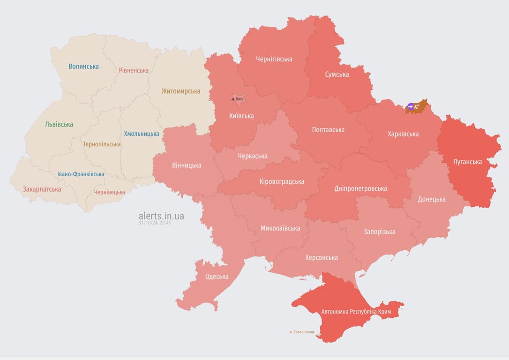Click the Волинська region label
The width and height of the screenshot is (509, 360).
pyautogui.click(x=83, y=67)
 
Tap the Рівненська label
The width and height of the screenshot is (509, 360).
pyautogui.click(x=134, y=70)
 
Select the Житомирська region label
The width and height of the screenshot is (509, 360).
pyautogui.click(x=180, y=91)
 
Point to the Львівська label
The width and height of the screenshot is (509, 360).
pyautogui.click(x=59, y=125)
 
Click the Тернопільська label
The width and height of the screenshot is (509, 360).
pyautogui.click(x=102, y=144)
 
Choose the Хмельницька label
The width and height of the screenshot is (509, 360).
pyautogui.click(x=141, y=134)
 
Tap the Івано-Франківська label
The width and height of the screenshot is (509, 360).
pyautogui.click(x=81, y=174)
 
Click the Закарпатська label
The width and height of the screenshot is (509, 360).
pyautogui.click(x=42, y=190)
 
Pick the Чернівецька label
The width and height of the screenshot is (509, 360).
pyautogui.click(x=109, y=193)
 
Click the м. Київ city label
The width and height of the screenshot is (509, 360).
pyautogui.click(x=238, y=99)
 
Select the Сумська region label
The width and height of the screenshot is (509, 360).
pyautogui.click(x=337, y=75)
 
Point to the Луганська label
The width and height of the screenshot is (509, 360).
pyautogui.click(x=467, y=162)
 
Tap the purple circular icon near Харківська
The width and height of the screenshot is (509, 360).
pyautogui.click(x=411, y=107)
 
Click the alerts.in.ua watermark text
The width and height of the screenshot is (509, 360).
pyautogui.click(x=161, y=216)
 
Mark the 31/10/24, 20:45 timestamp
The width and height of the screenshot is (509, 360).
pyautogui.click(x=155, y=223)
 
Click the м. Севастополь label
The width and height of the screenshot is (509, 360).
pyautogui.click(x=302, y=332)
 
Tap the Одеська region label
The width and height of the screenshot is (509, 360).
pyautogui.click(x=217, y=277)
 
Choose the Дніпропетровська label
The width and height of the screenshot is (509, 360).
pyautogui.click(x=360, y=189)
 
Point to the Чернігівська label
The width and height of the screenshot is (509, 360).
pyautogui.click(x=274, y=59)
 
